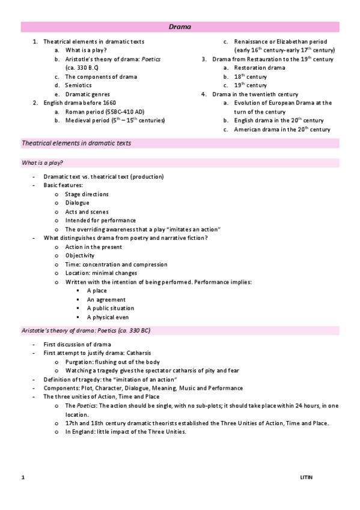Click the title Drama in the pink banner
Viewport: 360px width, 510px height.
click(x=180, y=27)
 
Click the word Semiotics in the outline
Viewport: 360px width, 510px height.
click(x=78, y=85)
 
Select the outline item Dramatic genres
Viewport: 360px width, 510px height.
click(x=87, y=94)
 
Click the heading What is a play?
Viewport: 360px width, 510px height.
click(x=43, y=163)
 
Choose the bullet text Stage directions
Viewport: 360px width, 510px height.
click(x=87, y=194)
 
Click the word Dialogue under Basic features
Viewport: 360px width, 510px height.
click(x=77, y=203)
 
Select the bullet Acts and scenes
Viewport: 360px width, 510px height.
click(x=87, y=212)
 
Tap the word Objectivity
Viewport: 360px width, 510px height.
click(x=80, y=256)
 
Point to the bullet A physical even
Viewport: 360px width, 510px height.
click(x=108, y=318)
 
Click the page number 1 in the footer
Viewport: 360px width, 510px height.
click(x=23, y=477)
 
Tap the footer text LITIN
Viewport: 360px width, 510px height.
click(x=307, y=477)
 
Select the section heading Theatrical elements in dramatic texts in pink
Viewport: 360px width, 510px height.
click(x=76, y=143)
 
